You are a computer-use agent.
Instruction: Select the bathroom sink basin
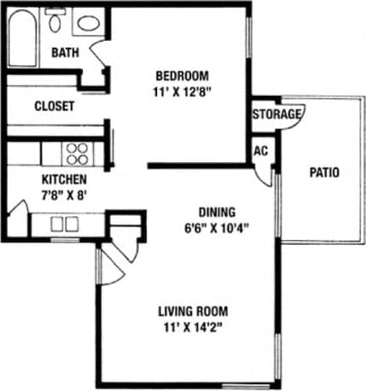tap(86, 23)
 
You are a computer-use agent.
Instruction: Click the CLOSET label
tap(54, 107)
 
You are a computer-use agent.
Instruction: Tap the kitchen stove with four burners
tap(78, 153)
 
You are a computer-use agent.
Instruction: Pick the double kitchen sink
tap(63, 225)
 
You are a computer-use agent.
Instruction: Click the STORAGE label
tap(276, 114)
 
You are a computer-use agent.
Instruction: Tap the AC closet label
tap(261, 150)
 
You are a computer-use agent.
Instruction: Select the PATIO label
tap(323, 172)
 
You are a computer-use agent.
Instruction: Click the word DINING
tap(217, 212)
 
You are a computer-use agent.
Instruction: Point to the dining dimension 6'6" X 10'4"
tap(217, 228)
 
